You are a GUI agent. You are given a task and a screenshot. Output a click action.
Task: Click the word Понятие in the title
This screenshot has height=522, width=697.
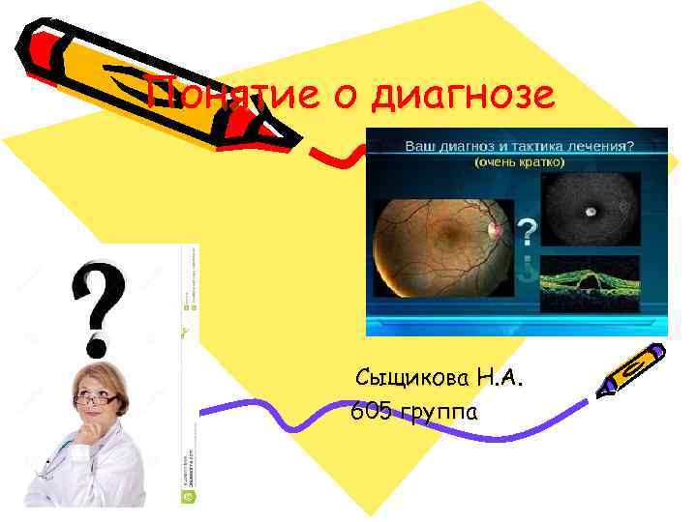(225, 95)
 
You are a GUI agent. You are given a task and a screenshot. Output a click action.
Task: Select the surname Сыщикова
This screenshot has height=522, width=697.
(415, 375)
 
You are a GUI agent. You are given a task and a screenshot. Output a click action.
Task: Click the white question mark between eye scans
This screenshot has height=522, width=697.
(527, 232)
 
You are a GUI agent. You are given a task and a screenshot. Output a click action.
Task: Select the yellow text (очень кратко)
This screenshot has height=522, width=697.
(518, 164)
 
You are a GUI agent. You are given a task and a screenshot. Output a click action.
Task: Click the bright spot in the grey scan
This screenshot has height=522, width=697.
(590, 209)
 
